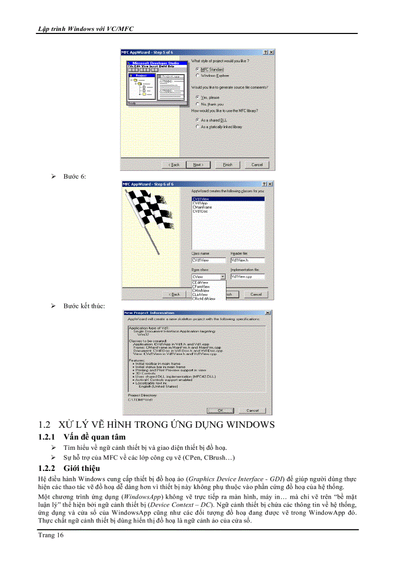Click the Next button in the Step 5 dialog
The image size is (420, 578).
click(198, 165)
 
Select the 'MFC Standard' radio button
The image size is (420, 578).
click(198, 69)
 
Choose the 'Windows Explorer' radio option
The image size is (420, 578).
click(198, 75)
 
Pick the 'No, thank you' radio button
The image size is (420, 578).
click(198, 104)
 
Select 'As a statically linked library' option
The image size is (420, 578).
click(198, 127)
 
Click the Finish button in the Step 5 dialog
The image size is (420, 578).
click(227, 165)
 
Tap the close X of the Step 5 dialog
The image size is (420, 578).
click(271, 52)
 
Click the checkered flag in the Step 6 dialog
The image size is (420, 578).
click(146, 208)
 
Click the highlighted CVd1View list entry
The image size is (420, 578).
click(200, 199)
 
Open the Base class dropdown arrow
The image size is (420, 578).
click(222, 277)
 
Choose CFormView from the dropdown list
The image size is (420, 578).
click(201, 287)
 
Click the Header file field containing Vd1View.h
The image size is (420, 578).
click(247, 260)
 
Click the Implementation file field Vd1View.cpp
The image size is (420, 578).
click(247, 277)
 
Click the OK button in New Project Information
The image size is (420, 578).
click(220, 410)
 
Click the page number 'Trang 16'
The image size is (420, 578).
click(51, 535)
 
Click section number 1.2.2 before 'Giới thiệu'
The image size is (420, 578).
click(47, 468)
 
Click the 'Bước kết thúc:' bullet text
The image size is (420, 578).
click(84, 306)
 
